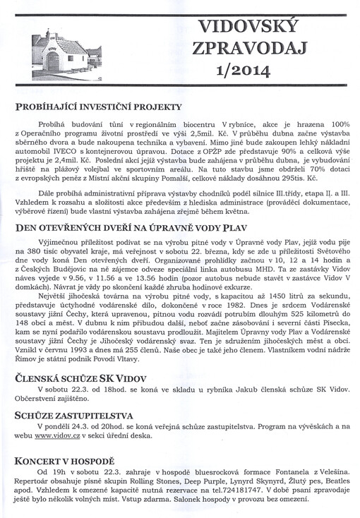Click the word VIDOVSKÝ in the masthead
point(258,27)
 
